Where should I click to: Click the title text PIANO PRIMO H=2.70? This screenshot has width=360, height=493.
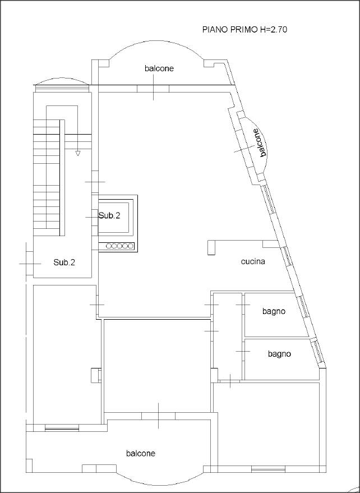click(x=244, y=30)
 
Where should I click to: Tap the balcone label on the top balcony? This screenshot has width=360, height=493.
click(x=159, y=68)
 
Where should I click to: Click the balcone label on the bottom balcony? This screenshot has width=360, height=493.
click(x=141, y=453)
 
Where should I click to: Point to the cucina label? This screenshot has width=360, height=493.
click(x=253, y=261)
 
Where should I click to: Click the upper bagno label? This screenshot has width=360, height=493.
click(x=274, y=312)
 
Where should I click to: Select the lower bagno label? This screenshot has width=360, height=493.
click(x=279, y=354)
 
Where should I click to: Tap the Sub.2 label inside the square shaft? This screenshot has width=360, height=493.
click(x=109, y=216)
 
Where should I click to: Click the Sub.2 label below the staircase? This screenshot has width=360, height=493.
click(x=64, y=262)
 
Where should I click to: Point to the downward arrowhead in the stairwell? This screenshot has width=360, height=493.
click(x=77, y=153)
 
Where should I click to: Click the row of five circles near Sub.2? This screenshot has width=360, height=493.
click(x=119, y=246)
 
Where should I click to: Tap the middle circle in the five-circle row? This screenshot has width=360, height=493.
click(x=119, y=246)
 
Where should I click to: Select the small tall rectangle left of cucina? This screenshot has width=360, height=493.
click(x=211, y=248)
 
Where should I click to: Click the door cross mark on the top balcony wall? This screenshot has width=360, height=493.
click(x=153, y=89)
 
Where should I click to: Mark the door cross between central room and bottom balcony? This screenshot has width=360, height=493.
click(x=159, y=416)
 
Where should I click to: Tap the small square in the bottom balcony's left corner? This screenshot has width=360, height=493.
click(x=29, y=466)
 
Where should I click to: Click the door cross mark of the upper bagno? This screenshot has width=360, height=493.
click(x=243, y=305)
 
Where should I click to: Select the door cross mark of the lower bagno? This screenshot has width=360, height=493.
click(x=243, y=352)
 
